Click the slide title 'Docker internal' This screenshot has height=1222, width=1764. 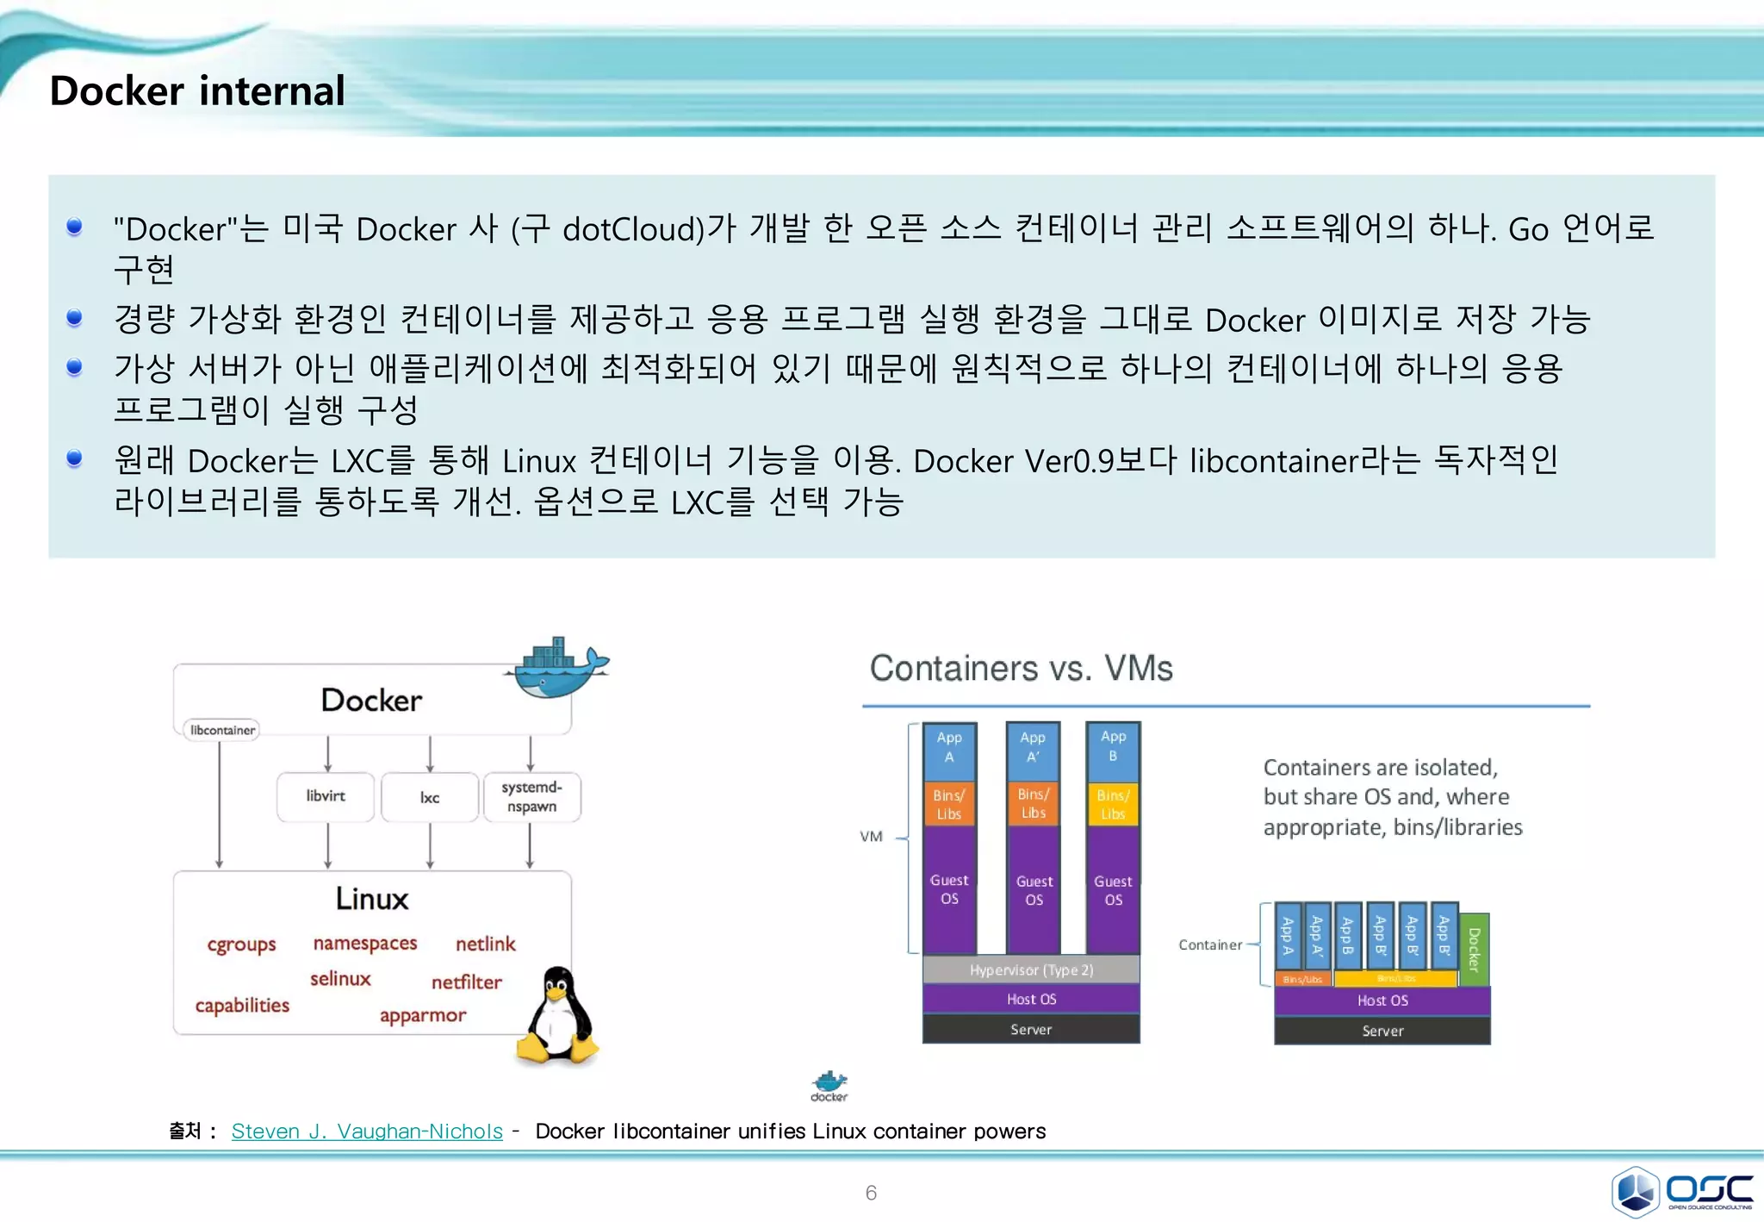[197, 90]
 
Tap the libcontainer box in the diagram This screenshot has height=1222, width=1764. [222, 730]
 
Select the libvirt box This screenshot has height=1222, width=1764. [326, 796]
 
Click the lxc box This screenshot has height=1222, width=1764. [430, 798]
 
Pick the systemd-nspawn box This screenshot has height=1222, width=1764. [531, 797]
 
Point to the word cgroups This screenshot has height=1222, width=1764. [241, 945]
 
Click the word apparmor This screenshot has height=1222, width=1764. [423, 1015]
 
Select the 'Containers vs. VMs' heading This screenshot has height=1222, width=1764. [1021, 669]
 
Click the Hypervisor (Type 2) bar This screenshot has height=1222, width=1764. [1031, 970]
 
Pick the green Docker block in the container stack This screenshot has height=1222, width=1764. [1475, 949]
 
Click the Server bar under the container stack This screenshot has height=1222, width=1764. [1382, 1032]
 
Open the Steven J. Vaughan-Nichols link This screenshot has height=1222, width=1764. [367, 1132]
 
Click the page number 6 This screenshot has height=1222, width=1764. [871, 1193]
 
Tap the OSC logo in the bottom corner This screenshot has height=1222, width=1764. [1682, 1191]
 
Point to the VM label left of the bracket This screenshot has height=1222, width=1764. [871, 837]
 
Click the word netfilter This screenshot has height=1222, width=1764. [466, 982]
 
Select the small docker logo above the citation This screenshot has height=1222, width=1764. [829, 1086]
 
